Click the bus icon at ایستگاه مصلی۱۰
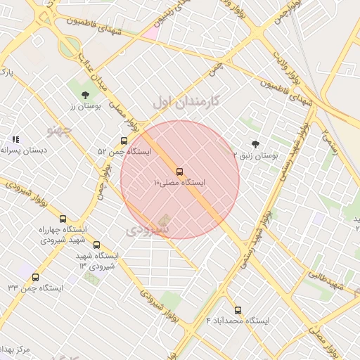[179, 172]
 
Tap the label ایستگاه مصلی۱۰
[179, 183]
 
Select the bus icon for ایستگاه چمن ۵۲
[124, 141]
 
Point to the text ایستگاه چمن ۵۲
[124, 152]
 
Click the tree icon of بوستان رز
[85, 94]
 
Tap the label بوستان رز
[85, 105]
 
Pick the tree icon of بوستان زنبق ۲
[255, 144]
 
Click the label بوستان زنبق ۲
[255, 155]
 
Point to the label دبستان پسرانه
[24, 150]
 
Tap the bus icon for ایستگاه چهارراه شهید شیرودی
[63, 219]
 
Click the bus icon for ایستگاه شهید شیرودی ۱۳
[96, 245]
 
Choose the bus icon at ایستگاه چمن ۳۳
[35, 277]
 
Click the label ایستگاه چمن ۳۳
[35, 288]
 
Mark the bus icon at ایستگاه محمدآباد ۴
[237, 309]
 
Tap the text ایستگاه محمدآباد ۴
[237, 321]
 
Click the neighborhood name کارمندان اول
[186, 101]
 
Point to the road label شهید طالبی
[326, 280]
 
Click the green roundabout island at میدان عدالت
[69, 48]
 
